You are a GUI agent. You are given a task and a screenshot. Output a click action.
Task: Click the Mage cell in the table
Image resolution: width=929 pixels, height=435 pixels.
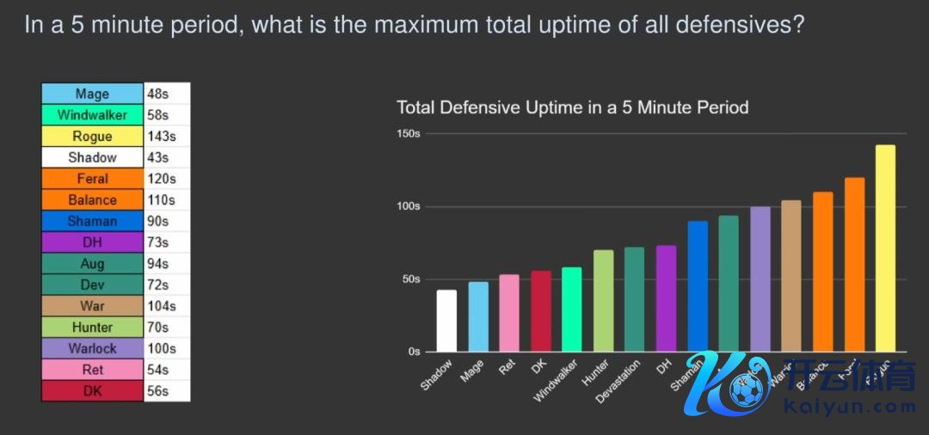click(92, 94)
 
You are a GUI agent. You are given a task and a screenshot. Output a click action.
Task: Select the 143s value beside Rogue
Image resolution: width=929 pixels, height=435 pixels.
click(159, 136)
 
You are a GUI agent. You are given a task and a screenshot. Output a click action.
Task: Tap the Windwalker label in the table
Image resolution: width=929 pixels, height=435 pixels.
click(92, 115)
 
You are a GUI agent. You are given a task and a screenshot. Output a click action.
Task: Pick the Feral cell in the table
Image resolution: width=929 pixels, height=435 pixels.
click(92, 179)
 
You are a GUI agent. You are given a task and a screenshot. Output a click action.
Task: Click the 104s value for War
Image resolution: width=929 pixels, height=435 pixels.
click(162, 306)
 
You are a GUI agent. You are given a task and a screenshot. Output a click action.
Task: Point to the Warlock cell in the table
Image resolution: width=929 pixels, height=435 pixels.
click(92, 348)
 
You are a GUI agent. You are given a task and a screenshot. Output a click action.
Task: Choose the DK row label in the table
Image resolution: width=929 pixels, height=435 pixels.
click(92, 391)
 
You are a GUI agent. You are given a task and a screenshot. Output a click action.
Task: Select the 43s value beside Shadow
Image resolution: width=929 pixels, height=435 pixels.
click(157, 157)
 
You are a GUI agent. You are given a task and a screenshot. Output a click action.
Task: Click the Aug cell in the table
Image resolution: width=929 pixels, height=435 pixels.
click(92, 264)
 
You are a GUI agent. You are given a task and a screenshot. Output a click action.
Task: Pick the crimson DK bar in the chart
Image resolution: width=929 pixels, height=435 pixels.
click(541, 311)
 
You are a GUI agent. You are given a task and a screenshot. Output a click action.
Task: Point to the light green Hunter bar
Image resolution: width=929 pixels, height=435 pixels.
click(603, 301)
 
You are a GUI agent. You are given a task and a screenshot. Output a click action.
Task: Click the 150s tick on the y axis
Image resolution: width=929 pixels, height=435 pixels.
click(409, 134)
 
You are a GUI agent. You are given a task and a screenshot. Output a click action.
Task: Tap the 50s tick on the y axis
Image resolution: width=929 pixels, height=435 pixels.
click(410, 279)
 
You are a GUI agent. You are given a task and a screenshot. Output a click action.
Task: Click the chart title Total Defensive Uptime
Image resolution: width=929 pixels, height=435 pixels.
click(572, 107)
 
